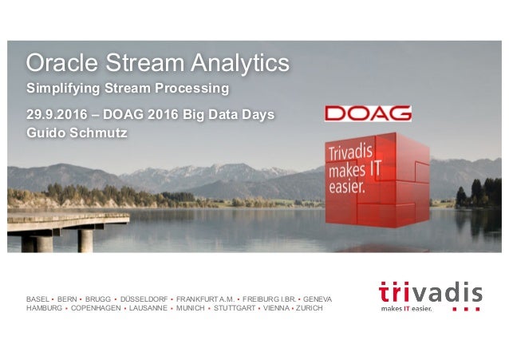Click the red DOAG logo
(x=368, y=113)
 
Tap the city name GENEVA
(x=318, y=299)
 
